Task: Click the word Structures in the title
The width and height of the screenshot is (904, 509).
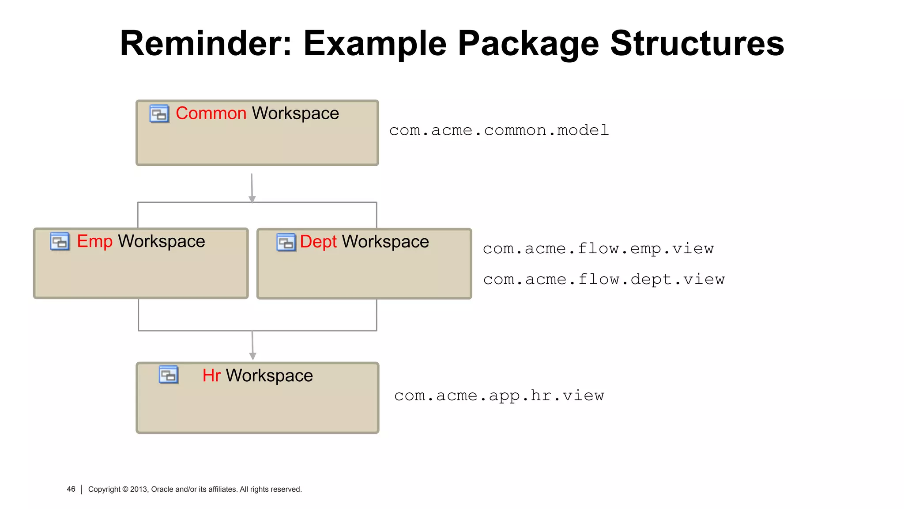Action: click(x=697, y=43)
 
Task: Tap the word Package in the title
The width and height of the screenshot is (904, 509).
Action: click(x=528, y=44)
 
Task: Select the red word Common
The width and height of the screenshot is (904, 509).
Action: click(x=211, y=114)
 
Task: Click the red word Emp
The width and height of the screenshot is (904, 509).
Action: click(x=94, y=242)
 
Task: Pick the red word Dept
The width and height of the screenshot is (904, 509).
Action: click(x=318, y=242)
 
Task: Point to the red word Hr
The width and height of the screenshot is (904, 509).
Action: click(x=211, y=376)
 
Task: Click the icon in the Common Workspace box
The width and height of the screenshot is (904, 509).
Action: click(x=159, y=114)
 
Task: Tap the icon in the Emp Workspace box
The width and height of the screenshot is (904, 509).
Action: click(x=60, y=242)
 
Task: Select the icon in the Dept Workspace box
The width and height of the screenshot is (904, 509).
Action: click(x=286, y=243)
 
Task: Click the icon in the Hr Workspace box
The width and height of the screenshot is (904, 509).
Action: click(x=169, y=375)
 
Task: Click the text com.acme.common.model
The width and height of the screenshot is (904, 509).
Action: click(x=499, y=130)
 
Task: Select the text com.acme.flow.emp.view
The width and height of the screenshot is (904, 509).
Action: click(x=598, y=249)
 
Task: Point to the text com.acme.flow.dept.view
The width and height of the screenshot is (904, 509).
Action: click(x=603, y=279)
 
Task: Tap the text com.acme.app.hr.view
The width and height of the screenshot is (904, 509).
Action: click(x=499, y=395)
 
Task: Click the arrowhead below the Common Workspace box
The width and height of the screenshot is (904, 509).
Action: click(x=252, y=199)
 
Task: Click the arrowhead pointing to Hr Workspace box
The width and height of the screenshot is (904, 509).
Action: click(x=253, y=356)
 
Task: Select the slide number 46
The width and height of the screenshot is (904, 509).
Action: click(x=71, y=489)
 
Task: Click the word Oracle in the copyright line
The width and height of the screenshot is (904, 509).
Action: click(x=162, y=490)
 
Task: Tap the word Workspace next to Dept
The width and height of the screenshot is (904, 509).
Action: click(x=385, y=242)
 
